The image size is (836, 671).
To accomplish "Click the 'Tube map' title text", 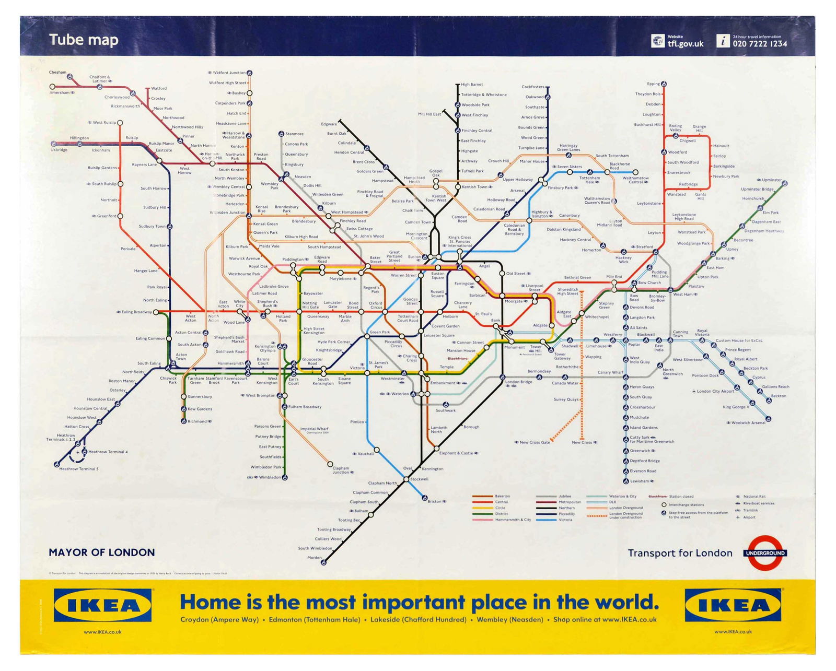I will pos(84,40).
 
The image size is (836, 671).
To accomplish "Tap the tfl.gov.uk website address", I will pos(685,44).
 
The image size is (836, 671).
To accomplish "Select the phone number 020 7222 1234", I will pos(759,44).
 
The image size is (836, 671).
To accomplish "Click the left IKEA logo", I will pos(102,606).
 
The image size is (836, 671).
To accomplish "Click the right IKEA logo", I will pos(734,606).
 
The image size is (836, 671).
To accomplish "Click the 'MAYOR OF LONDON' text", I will pos(101,552).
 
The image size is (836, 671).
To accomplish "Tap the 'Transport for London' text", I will pos(680,553).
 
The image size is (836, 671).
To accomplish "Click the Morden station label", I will pos(315,558).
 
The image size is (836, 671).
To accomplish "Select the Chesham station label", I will pos(57,73).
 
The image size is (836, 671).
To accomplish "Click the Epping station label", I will pos(653,84).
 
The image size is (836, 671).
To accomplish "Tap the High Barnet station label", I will pos(472,85).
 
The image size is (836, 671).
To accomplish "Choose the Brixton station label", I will pos(435,501).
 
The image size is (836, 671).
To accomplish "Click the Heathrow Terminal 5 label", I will pos(78,469).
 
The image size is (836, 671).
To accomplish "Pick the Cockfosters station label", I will pos(533,87).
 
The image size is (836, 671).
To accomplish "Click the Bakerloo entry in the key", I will pos(502,496).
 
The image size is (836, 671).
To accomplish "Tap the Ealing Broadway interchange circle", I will pos(156,312).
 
